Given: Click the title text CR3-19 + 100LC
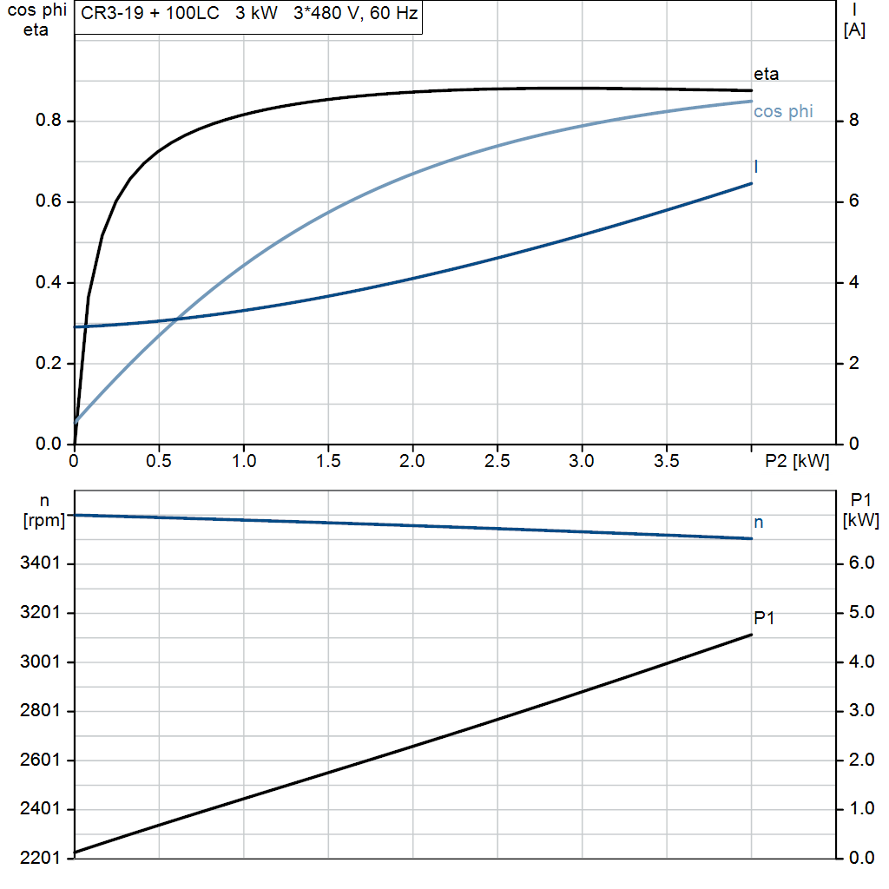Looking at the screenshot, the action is click(149, 13).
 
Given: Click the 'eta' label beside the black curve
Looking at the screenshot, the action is click(766, 75).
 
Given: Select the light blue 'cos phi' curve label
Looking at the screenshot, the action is click(783, 111).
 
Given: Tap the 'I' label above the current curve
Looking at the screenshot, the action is click(756, 167).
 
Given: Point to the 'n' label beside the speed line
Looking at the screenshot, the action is click(759, 522).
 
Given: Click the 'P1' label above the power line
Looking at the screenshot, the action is click(764, 617).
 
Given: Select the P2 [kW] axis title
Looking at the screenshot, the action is click(797, 461).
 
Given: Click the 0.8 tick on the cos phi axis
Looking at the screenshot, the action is click(49, 120).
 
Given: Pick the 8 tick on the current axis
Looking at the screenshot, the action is click(854, 120).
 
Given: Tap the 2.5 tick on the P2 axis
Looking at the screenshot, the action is click(497, 461).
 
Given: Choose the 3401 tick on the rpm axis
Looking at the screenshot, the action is click(40, 563).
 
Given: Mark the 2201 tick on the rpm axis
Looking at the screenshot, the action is click(40, 858).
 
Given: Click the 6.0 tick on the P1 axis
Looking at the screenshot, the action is click(861, 563).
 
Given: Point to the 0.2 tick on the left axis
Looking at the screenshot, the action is click(49, 363).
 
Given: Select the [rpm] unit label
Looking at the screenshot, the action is click(44, 521).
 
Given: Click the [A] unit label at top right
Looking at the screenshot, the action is click(854, 30).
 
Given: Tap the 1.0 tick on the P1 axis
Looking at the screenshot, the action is click(861, 808).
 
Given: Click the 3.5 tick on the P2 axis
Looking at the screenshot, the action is click(667, 461).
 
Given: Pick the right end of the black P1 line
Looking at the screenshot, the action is click(752, 635).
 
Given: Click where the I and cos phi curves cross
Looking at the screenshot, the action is click(177, 319).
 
